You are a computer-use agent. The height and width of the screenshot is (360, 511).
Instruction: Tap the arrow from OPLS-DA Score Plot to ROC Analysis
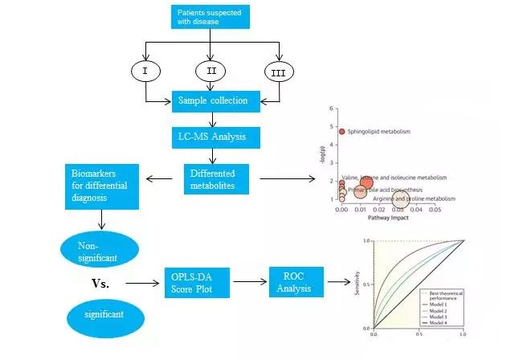pos(248,283)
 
